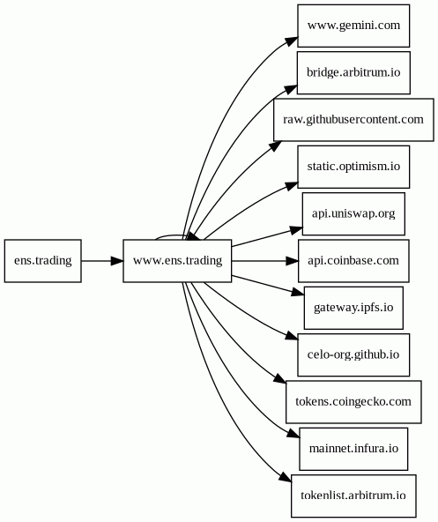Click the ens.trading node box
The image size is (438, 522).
point(43,261)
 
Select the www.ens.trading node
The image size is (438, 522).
point(177,261)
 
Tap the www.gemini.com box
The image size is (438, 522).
point(353,26)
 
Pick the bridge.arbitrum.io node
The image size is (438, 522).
point(353,72)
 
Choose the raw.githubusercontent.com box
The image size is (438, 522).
point(353,120)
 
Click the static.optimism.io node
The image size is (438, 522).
point(353,167)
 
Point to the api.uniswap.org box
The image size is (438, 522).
point(353,213)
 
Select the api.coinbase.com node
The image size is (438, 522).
point(353,261)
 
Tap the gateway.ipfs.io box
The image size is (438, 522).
point(353,308)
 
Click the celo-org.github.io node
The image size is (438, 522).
point(353,354)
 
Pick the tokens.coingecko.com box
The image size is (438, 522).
point(353,402)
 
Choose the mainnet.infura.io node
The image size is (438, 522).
point(353,449)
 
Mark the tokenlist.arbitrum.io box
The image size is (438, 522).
point(353,496)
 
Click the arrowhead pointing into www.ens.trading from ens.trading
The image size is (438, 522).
point(117,261)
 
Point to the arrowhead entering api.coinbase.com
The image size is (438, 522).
point(293,261)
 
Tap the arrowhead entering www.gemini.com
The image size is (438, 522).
point(292,41)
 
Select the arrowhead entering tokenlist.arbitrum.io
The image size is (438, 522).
point(286,477)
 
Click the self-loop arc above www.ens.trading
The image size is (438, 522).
point(171,235)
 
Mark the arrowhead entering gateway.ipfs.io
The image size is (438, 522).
point(298,293)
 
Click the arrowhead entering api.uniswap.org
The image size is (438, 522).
point(296,230)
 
